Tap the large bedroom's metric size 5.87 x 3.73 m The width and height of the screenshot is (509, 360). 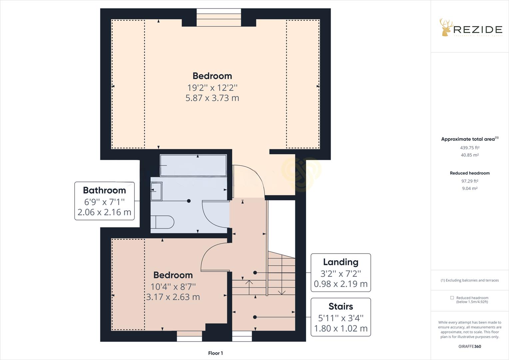(212, 98)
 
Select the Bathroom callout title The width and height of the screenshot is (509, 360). (104, 190)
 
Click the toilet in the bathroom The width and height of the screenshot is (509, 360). (163, 222)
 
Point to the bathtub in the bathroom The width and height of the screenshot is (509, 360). (193, 165)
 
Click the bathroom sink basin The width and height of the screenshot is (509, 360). (156, 191)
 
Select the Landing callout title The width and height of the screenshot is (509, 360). (340, 262)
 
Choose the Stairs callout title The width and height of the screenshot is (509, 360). (340, 306)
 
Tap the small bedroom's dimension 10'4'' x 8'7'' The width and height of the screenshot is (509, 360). (173, 286)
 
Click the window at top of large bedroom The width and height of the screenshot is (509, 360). (219, 17)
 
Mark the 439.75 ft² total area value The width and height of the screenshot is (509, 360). (470, 148)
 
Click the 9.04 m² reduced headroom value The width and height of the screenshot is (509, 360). (470, 188)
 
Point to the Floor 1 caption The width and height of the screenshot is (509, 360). (215, 353)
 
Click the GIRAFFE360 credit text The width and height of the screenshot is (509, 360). (470, 346)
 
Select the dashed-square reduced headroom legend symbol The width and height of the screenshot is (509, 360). (452, 298)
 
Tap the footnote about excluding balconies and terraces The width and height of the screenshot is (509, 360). (470, 280)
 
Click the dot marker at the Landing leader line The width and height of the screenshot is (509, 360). (255, 273)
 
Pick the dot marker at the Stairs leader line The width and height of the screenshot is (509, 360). (255, 317)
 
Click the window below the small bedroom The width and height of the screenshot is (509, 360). (189, 336)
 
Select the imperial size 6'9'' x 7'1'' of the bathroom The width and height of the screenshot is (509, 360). (104, 202)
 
